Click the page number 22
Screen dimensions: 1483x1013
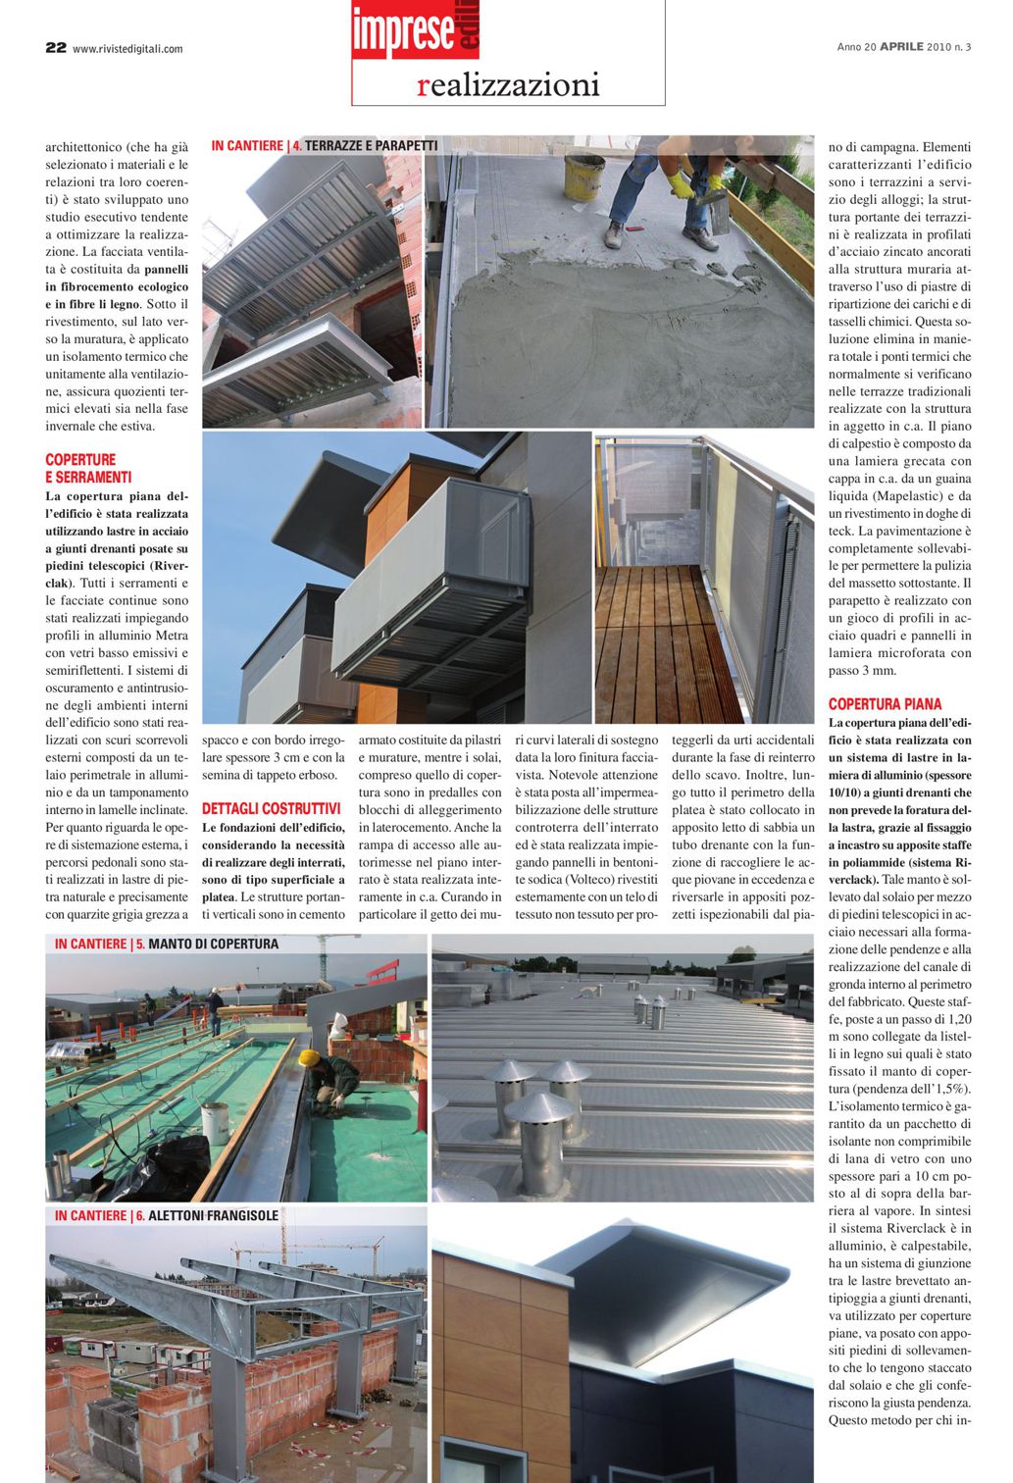click(x=55, y=47)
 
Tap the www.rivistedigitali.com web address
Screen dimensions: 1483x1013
click(x=127, y=49)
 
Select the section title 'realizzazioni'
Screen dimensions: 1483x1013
click(x=508, y=85)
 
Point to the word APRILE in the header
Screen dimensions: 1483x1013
click(x=901, y=46)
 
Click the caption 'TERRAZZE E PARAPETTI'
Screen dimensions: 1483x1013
click(x=371, y=146)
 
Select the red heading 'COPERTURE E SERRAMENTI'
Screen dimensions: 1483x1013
click(x=88, y=468)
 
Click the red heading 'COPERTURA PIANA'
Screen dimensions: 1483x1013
click(x=885, y=704)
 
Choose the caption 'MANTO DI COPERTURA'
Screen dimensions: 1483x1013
click(x=213, y=945)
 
